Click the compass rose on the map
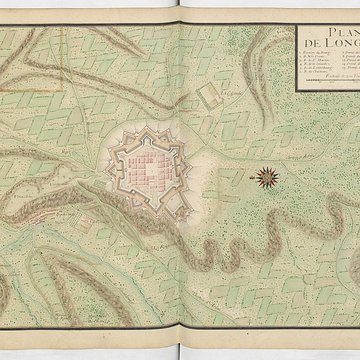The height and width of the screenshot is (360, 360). click(267, 179)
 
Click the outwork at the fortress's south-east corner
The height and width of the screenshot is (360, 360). click(175, 204)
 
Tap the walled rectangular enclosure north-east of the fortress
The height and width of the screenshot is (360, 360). click(211, 97)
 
